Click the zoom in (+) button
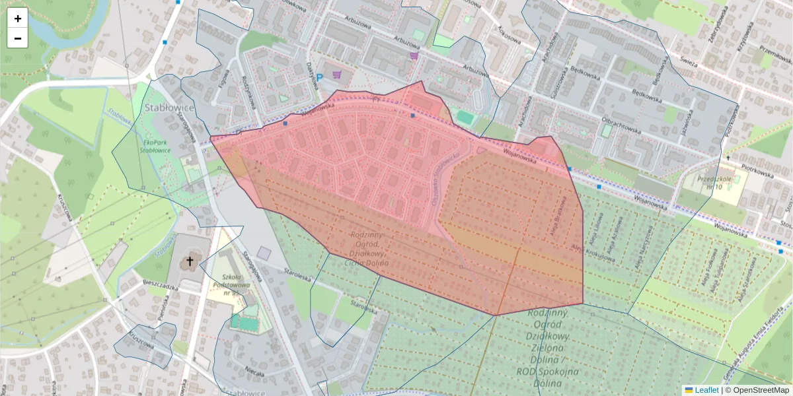[x=18, y=18]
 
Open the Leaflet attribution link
[x=706, y=390]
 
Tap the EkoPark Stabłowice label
[x=156, y=145]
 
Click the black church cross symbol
[x=190, y=261]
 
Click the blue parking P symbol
[x=319, y=78]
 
